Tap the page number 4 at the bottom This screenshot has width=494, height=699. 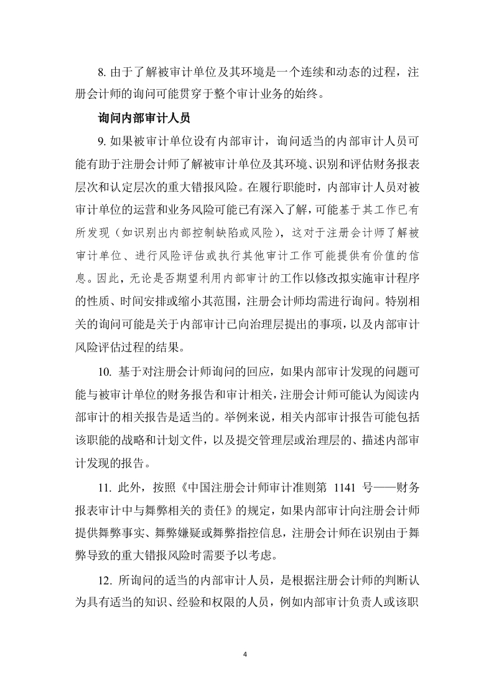coord(246,654)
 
